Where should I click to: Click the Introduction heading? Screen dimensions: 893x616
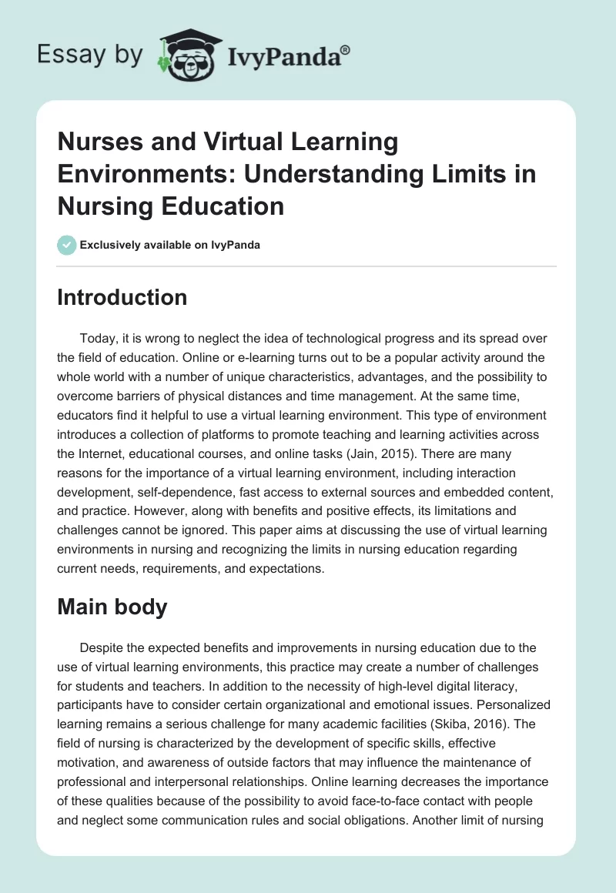pyautogui.click(x=122, y=297)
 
